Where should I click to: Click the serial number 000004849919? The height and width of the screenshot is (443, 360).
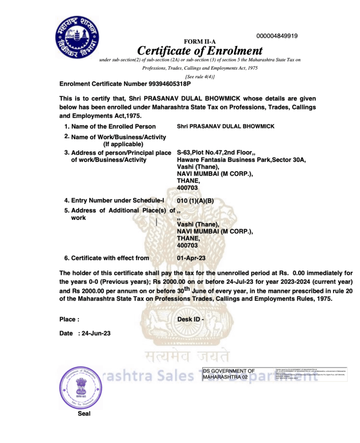click(277, 36)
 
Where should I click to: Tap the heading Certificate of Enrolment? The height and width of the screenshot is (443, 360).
click(200, 51)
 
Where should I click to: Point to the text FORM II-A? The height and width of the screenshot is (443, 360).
click(199, 42)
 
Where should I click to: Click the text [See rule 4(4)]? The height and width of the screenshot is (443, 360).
click(200, 77)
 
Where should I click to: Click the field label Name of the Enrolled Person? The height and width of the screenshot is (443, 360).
click(113, 126)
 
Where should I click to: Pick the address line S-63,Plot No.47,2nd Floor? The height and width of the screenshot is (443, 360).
click(216, 153)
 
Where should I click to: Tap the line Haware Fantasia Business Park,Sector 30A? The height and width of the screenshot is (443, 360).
click(241, 160)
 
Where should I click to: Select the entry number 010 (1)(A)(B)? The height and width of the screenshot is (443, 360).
click(195, 201)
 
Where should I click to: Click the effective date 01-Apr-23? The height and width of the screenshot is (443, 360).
click(191, 258)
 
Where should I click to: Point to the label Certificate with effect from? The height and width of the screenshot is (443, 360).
click(110, 258)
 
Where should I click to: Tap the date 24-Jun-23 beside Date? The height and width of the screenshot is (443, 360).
click(96, 334)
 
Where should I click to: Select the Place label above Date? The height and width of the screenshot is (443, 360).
click(69, 320)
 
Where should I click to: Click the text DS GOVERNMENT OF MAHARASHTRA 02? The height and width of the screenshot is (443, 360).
click(229, 374)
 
